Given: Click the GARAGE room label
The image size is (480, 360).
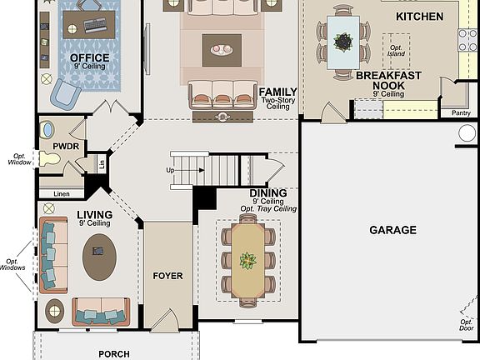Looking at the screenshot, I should pyautogui.click(x=392, y=230).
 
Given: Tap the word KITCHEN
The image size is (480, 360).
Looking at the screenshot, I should pyautogui.click(x=419, y=17).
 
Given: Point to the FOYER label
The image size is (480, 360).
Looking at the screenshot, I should pyautogui.click(x=167, y=276).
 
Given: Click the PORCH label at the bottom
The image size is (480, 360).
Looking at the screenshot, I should pyautogui.click(x=114, y=354).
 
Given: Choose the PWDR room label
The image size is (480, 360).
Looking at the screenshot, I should pyautogui.click(x=65, y=146).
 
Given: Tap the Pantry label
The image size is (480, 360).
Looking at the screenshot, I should pyautogui.click(x=460, y=112).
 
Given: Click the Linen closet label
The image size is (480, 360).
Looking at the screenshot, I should pyautogui.click(x=62, y=194).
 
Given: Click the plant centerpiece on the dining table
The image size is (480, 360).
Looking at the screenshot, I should pyautogui.click(x=247, y=261).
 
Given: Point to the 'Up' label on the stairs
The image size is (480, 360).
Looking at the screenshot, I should pyautogui.click(x=171, y=170).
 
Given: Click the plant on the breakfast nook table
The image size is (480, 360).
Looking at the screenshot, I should pyautogui.click(x=342, y=40).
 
